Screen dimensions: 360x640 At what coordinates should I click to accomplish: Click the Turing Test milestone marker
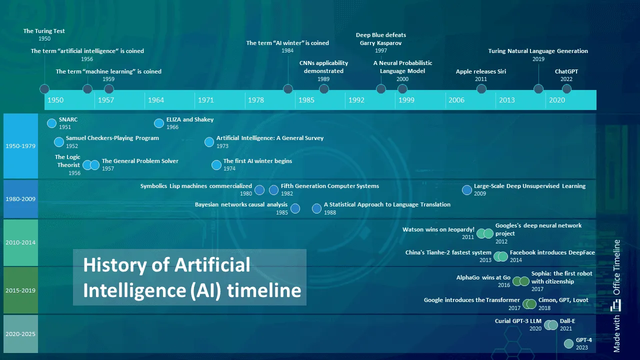coord(44,89)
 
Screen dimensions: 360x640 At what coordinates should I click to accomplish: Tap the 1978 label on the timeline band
coord(255,100)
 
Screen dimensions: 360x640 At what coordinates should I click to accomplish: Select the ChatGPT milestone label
coord(566,71)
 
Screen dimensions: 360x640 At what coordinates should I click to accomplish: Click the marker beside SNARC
coord(51,123)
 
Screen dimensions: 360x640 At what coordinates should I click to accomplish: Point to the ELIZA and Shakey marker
coord(159,123)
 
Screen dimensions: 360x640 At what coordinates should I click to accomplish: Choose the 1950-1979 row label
coord(20,146)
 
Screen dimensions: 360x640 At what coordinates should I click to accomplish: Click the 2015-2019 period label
coord(20,290)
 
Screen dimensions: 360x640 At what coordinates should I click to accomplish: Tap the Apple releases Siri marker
coord(481,89)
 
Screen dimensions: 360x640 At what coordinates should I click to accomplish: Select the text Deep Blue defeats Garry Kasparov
coord(381,39)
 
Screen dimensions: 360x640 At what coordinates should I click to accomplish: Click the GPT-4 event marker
coord(568,343)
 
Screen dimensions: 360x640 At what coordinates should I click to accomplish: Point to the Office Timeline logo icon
coord(616,304)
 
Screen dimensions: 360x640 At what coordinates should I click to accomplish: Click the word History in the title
coord(116,264)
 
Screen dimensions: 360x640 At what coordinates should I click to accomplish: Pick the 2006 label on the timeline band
coord(456,100)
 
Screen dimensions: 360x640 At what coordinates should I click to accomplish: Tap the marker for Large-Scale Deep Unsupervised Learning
coord(466,190)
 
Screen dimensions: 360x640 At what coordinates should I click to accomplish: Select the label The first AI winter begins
coord(257,161)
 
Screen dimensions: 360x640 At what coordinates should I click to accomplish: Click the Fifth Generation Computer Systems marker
coord(273,190)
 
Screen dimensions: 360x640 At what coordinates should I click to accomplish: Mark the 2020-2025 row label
coord(20,334)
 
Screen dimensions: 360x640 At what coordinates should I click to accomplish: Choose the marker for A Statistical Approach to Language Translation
coord(316,208)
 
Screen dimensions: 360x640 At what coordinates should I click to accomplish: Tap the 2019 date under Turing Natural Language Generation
coord(538,59)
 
